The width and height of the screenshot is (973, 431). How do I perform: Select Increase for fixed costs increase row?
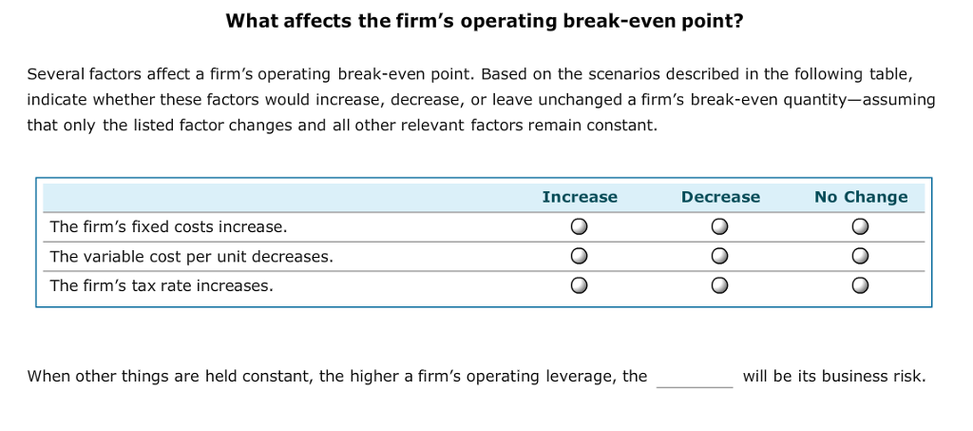point(579,226)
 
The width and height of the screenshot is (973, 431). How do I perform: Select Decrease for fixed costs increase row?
point(719,226)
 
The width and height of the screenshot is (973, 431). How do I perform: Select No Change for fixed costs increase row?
point(860,226)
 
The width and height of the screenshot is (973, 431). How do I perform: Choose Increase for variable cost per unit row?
point(579,256)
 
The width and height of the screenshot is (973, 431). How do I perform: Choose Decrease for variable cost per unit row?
point(719,256)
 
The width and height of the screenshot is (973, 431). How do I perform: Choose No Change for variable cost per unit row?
point(860,256)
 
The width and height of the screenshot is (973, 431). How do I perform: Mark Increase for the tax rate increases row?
point(579,285)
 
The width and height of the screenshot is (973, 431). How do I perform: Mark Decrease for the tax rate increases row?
point(719,285)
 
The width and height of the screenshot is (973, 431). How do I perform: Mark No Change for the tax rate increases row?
point(860,285)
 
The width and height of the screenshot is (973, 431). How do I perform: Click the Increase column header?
point(580,197)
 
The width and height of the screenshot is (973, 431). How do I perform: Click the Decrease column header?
point(720,197)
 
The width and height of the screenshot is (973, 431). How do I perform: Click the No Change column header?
point(861,197)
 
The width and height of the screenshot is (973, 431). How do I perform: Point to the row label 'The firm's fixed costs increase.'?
point(168,226)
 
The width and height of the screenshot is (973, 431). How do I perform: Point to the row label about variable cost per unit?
point(191,256)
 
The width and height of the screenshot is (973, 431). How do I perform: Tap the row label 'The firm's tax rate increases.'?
point(162,285)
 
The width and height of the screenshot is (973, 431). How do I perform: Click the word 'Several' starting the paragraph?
point(55,74)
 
